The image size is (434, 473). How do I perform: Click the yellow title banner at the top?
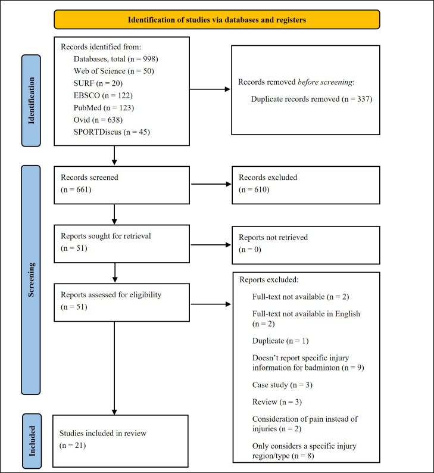tap(217, 20)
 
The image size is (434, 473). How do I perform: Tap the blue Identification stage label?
tap(31, 101)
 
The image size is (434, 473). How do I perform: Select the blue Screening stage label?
tap(31, 279)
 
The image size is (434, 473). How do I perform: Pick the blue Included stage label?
tap(32, 441)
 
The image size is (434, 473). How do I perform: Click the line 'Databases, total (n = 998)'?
tap(115, 59)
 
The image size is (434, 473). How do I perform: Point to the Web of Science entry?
tap(114, 71)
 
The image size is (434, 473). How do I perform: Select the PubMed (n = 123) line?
tap(104, 108)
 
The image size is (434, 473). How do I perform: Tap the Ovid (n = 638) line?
tap(98, 120)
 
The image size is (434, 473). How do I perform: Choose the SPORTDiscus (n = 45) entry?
tap(111, 132)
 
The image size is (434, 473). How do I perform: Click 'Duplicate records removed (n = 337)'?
tap(311, 99)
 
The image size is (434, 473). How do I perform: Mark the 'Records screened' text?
tap(89, 178)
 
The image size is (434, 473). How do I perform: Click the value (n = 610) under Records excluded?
tap(254, 189)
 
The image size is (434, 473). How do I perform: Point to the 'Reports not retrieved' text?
tap(273, 238)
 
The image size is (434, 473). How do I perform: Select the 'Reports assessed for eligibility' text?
tap(111, 295)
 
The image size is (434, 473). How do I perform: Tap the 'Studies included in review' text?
tap(103, 433)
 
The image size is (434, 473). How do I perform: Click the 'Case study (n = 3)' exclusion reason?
tap(282, 385)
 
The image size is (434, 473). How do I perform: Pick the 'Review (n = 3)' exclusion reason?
tap(277, 402)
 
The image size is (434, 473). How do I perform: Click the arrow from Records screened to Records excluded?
tap(211, 184)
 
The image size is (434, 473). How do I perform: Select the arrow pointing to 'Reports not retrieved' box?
tap(211, 245)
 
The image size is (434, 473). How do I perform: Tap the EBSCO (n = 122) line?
tap(103, 95)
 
